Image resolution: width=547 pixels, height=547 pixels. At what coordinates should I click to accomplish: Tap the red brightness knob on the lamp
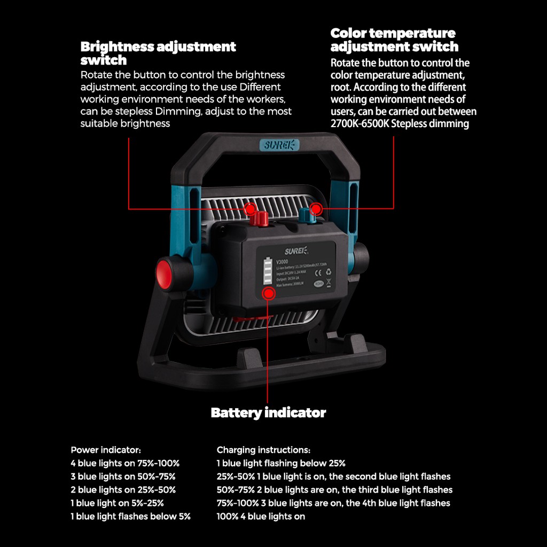(x=261, y=217)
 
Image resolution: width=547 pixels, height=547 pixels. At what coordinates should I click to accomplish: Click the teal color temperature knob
(x=306, y=216)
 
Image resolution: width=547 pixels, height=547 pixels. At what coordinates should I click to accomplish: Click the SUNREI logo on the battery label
(x=295, y=249)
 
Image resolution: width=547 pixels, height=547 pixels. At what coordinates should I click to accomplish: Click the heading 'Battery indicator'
(x=268, y=413)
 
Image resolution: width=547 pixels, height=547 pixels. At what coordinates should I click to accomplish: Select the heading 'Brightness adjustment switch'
(x=158, y=53)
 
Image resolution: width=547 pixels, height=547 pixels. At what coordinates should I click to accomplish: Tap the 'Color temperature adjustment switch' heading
(x=394, y=40)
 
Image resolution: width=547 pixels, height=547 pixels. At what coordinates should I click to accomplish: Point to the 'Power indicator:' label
(x=106, y=450)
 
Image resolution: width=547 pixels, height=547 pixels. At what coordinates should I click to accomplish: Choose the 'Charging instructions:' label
(x=263, y=450)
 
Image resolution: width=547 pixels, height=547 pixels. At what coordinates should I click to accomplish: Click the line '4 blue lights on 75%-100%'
(x=125, y=463)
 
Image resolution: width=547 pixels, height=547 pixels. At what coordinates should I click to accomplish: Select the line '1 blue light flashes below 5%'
(x=130, y=517)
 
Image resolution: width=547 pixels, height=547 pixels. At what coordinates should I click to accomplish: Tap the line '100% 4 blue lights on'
(x=261, y=517)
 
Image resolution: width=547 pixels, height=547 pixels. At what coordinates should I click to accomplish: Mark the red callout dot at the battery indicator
(x=268, y=292)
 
